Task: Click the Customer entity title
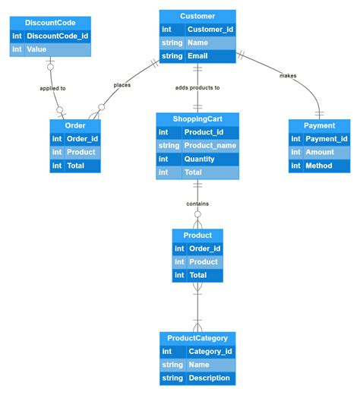[x=197, y=16]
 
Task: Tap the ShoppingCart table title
[x=197, y=119]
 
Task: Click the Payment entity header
[x=319, y=125]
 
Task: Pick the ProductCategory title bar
[x=197, y=337]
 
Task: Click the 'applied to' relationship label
[x=52, y=88]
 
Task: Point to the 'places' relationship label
[x=122, y=85]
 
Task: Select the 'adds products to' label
[x=197, y=87]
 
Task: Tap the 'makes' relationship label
[x=288, y=75]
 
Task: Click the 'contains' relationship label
[x=197, y=204]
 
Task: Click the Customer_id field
[x=210, y=30]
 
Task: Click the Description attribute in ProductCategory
[x=209, y=378]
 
